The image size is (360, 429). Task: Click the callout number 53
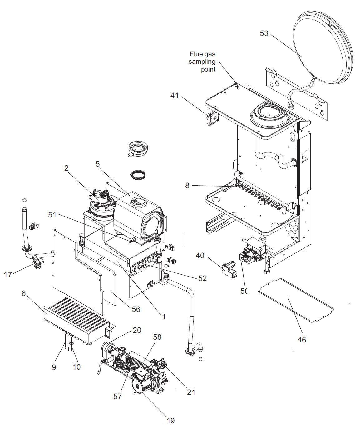pos(264,33)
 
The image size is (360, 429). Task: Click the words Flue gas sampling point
pos(202,62)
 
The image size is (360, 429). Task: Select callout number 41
pos(175,95)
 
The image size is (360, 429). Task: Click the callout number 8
pos(187,185)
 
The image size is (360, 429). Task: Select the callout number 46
pos(301,340)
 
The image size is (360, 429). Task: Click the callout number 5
pos(97,164)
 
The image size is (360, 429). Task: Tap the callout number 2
pos(66,168)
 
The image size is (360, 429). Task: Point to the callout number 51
pos(52,215)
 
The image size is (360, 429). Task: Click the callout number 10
pos(76,367)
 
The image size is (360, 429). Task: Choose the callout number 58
pos(157,337)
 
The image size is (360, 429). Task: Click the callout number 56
pos(136,309)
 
